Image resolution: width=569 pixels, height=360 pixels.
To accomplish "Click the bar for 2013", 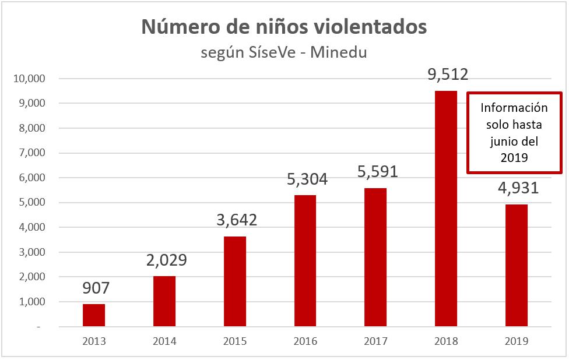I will click(94, 315).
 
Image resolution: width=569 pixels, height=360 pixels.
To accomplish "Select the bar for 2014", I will click(164, 301).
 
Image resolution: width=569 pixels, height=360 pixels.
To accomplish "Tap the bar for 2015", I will click(235, 281).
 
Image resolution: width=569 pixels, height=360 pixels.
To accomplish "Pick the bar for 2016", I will click(305, 261).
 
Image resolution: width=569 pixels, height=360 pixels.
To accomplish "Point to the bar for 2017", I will click(375, 257).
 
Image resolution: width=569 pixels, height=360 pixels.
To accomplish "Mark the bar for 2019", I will click(517, 266).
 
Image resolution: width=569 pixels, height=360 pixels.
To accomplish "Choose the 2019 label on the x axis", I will click(517, 342).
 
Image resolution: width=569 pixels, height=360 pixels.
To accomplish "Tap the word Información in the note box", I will click(515, 108).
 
